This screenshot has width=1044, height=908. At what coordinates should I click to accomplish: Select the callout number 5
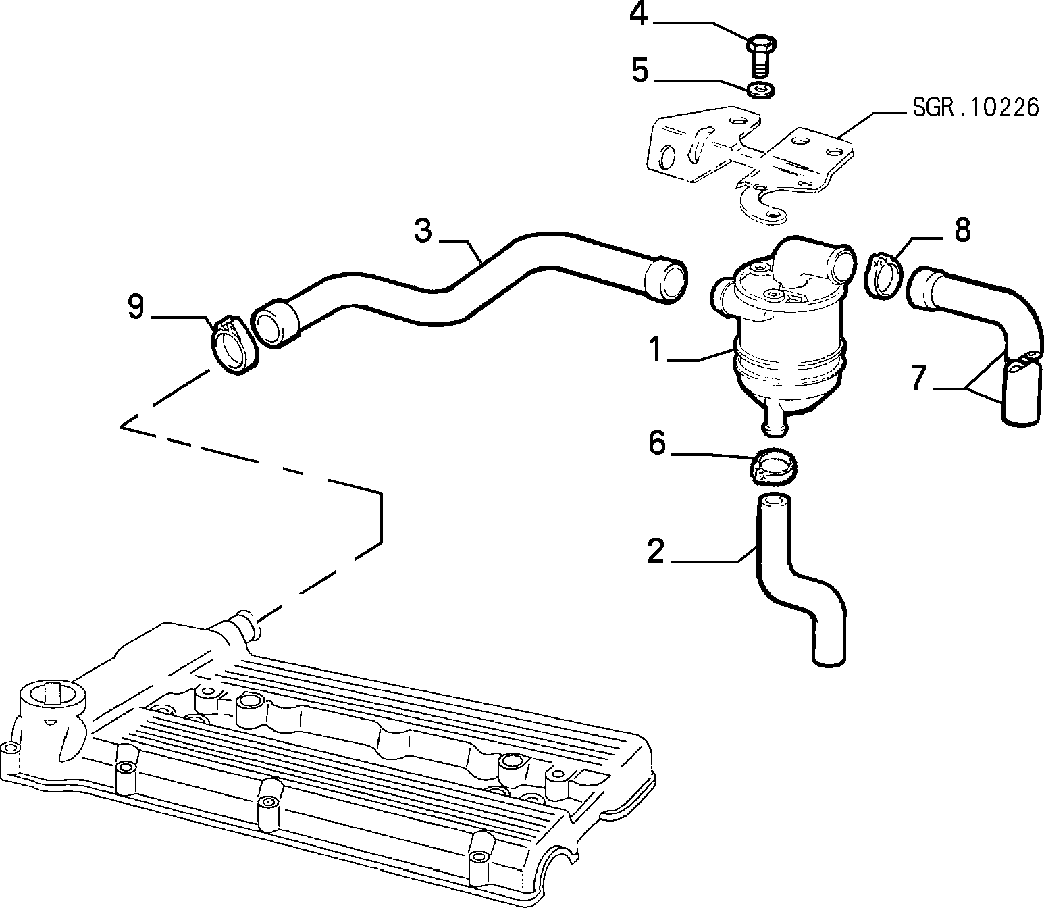[640, 70]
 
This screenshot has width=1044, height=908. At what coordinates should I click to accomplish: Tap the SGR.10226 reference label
[976, 107]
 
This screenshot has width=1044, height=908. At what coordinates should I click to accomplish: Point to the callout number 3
[423, 230]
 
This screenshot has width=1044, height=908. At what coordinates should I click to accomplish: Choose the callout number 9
[136, 307]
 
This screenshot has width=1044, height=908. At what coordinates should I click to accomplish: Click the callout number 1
[656, 350]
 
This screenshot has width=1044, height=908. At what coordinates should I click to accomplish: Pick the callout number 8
[963, 230]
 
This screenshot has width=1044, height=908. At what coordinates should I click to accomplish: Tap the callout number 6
[657, 443]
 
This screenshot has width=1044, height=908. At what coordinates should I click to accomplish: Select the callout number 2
[656, 551]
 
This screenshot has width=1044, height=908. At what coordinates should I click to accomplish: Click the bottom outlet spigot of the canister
[776, 421]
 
